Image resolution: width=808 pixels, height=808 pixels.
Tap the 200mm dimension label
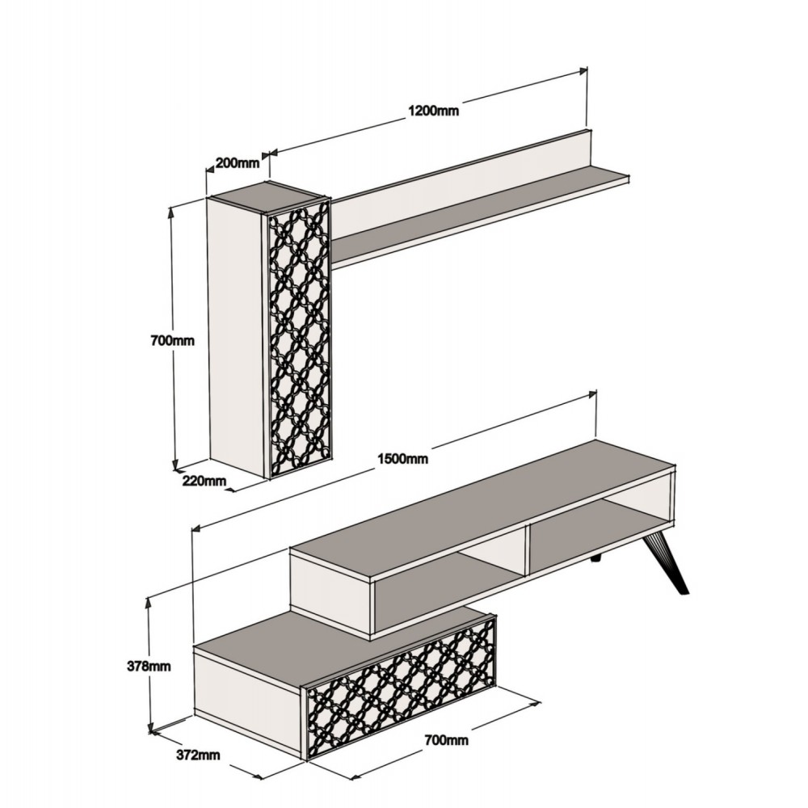(x=238, y=162)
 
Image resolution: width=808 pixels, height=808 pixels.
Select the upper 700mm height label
(x=173, y=340)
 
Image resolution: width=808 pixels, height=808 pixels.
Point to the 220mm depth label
(x=204, y=482)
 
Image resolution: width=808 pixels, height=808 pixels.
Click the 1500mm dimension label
(x=402, y=459)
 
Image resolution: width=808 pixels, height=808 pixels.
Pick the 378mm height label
(x=149, y=667)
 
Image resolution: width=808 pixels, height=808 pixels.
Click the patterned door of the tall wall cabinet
(x=299, y=339)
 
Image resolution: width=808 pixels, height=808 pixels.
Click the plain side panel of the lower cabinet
(x=246, y=695)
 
